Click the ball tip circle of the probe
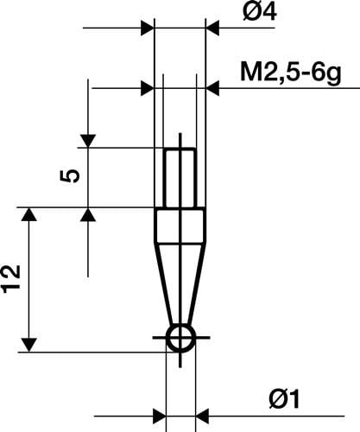point(180,339)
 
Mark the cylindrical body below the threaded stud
point(180,224)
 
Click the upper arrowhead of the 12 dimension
point(31,215)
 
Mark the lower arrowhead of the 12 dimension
point(31,345)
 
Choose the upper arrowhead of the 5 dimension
point(88,140)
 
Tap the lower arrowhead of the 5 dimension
point(88,214)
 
